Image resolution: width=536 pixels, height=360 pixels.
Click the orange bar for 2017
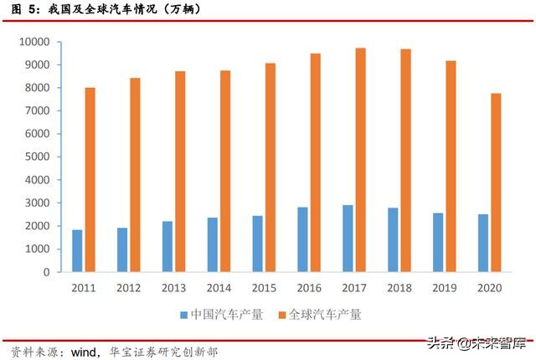click(360, 160)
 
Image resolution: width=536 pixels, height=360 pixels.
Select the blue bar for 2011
click(77, 250)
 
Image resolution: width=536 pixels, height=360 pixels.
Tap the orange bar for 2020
click(496, 183)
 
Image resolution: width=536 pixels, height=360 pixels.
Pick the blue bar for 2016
click(303, 239)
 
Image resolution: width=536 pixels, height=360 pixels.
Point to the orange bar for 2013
click(180, 172)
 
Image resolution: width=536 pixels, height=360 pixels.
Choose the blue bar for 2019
click(439, 242)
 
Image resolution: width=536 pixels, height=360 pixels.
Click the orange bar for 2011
click(90, 179)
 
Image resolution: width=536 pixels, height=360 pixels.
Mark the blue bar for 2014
click(213, 244)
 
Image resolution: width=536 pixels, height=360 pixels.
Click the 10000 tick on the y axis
click(34, 42)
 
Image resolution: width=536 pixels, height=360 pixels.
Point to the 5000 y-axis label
click(37, 157)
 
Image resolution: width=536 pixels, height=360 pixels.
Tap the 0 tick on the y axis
click(47, 272)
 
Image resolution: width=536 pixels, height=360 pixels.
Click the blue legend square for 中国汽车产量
click(184, 315)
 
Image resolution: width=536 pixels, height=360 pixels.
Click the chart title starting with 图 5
click(100, 9)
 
